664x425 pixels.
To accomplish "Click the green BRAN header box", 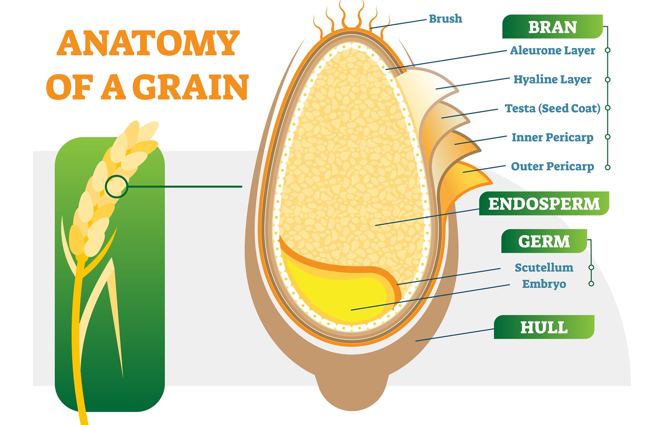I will pyautogui.click(x=552, y=27).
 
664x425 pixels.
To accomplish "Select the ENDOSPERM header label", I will pyautogui.click(x=544, y=204).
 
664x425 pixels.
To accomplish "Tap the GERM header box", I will pyautogui.click(x=544, y=241).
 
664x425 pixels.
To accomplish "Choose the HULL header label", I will pyautogui.click(x=544, y=327).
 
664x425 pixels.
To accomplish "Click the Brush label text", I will pyautogui.click(x=445, y=19).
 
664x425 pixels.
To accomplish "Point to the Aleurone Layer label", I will pyautogui.click(x=552, y=50).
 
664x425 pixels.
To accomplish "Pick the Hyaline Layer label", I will pyautogui.click(x=552, y=79).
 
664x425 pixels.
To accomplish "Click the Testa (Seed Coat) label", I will pyautogui.click(x=552, y=108).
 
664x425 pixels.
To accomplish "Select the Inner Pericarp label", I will pyautogui.click(x=552, y=137).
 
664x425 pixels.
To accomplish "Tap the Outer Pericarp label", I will pyautogui.click(x=552, y=166).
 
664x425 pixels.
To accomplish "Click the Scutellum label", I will pyautogui.click(x=544, y=267).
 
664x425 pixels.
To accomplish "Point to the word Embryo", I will pyautogui.click(x=544, y=284).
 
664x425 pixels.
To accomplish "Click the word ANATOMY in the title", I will pyautogui.click(x=148, y=43).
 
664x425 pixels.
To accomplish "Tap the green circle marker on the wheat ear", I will pyautogui.click(x=117, y=187).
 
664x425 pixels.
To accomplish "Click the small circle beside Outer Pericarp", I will pyautogui.click(x=608, y=167).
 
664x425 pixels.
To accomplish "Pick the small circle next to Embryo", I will pyautogui.click(x=591, y=284).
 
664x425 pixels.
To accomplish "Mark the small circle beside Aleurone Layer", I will pyautogui.click(x=608, y=50).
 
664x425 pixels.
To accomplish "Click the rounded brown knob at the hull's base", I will pyautogui.click(x=352, y=393).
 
